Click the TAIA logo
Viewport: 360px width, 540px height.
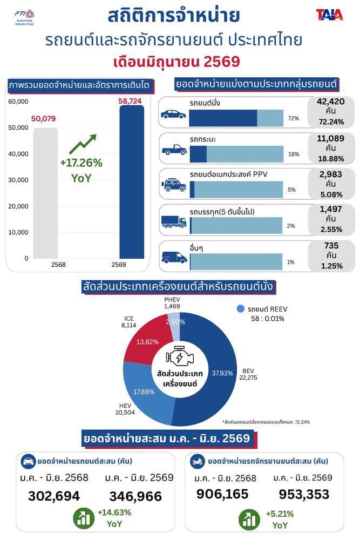[329, 15]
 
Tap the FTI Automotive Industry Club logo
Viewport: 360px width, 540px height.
[24, 17]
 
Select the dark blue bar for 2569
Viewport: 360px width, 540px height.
[132, 182]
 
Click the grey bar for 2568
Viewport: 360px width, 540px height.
[45, 193]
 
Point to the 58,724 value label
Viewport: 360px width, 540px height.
[130, 101]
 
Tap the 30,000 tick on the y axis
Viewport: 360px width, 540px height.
[18, 180]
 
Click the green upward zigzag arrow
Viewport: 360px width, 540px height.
[83, 144]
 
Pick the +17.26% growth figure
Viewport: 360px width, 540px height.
[81, 163]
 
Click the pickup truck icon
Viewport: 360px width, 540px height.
[174, 150]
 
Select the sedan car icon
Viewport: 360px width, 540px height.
[173, 114]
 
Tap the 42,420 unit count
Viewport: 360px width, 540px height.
[331, 102]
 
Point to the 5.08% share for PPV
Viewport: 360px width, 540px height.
[331, 194]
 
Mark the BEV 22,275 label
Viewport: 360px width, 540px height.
[248, 374]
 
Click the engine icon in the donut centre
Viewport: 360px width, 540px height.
[180, 356]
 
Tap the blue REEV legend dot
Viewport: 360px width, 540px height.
[241, 309]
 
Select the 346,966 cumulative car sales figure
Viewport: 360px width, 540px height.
[135, 496]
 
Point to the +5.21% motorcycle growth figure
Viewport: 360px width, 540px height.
[280, 514]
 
